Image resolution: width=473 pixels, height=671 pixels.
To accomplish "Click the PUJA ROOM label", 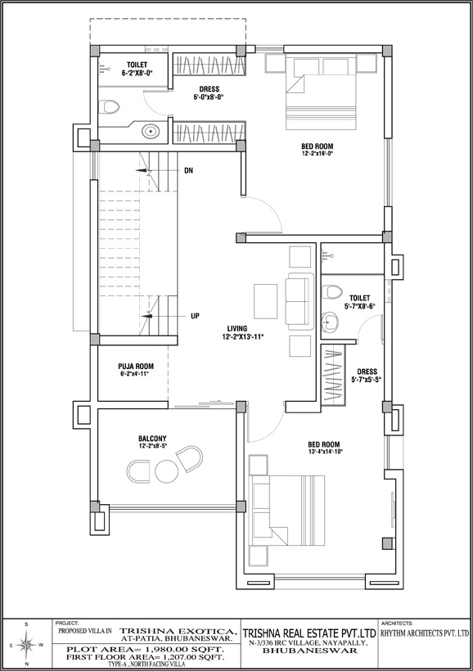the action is (x=136, y=367).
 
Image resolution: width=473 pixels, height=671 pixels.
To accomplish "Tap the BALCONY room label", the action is (x=152, y=439).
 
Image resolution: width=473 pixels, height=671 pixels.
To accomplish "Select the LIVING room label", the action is (x=237, y=329).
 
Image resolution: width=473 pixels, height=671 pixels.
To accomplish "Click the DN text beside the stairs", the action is (x=188, y=171).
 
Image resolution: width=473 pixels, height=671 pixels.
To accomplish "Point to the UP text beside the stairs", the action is (x=195, y=316).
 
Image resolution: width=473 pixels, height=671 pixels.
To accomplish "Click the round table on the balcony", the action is (x=166, y=471).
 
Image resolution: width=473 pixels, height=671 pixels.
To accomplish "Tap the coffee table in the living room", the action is (x=265, y=301).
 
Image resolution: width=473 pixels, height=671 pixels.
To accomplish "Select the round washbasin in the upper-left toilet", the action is (x=150, y=131).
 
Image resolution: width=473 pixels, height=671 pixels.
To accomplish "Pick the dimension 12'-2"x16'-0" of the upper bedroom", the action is (x=318, y=153).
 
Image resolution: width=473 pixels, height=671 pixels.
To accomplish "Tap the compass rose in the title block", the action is (x=26, y=644).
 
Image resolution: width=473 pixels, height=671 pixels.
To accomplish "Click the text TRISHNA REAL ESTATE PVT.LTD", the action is (x=309, y=633).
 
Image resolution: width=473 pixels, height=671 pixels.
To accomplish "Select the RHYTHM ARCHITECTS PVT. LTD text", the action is (x=425, y=633).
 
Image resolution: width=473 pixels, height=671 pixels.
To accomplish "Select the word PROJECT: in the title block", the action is (x=67, y=623).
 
